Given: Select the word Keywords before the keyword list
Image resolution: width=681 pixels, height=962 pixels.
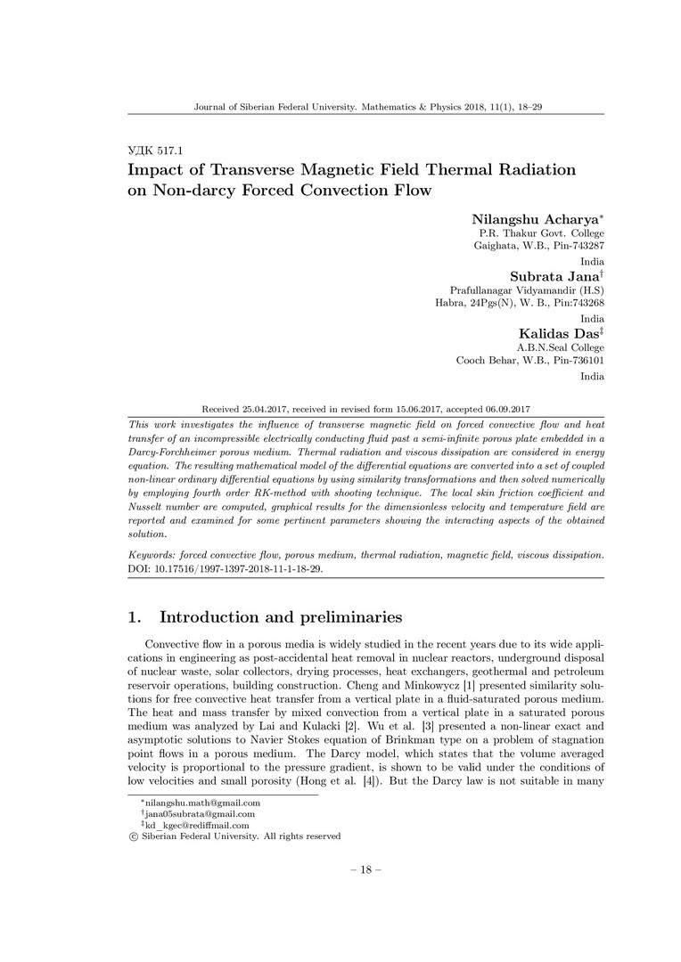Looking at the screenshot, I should tap(152, 553).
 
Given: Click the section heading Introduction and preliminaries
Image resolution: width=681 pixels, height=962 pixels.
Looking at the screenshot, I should tap(281, 616).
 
